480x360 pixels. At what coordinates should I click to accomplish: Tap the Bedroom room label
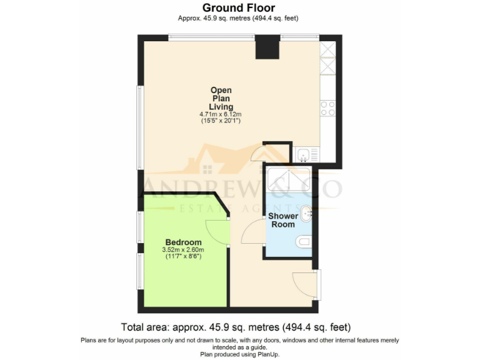click(x=183, y=242)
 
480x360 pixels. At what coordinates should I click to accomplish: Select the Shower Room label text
click(x=283, y=220)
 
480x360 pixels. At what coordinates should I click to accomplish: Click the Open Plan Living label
click(x=221, y=98)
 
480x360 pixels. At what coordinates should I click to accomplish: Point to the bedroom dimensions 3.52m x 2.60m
click(x=183, y=251)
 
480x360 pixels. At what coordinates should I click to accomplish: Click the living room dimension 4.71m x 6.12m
click(x=221, y=114)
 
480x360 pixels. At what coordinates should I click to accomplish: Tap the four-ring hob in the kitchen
click(x=327, y=109)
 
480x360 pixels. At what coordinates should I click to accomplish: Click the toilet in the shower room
click(x=304, y=242)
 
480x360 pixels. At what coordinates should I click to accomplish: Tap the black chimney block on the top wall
click(x=267, y=48)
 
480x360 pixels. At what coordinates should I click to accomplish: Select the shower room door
click(x=253, y=234)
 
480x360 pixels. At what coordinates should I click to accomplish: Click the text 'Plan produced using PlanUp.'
click(x=239, y=354)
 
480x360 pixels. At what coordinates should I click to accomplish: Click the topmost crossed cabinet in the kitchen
click(x=327, y=49)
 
